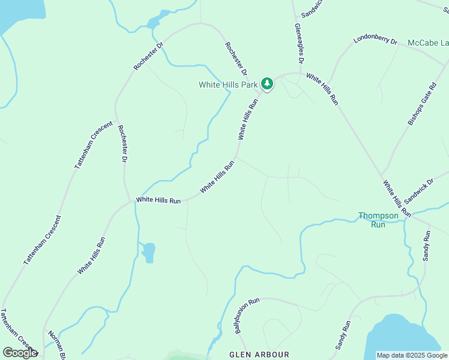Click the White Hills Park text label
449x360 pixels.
(228, 85)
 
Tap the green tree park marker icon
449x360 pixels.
(267, 84)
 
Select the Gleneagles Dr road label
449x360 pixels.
(299, 44)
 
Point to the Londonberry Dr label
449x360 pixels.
(376, 40)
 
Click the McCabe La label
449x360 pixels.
(428, 43)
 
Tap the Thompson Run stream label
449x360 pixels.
(378, 220)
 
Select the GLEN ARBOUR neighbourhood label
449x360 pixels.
(259, 355)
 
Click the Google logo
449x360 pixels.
(20, 353)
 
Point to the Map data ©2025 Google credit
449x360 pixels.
(412, 355)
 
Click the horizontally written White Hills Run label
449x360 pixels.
(158, 200)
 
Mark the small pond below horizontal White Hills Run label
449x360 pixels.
(148, 251)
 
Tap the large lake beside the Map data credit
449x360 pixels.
(399, 336)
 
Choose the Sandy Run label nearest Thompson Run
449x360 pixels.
(427, 246)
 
